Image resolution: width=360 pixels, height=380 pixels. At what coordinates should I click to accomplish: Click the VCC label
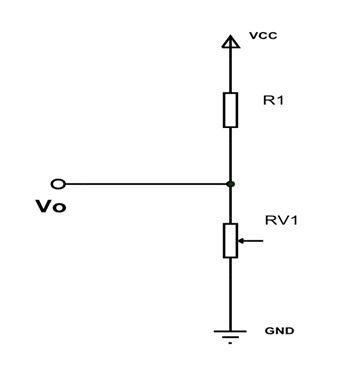point(262,36)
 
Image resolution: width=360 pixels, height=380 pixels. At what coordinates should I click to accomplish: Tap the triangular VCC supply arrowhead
point(230,41)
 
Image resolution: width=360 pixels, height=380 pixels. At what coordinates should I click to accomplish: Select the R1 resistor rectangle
point(230,110)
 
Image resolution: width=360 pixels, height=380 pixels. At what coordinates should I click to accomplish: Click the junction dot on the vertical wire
point(230,184)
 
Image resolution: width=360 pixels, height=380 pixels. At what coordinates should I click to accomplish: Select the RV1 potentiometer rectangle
point(230,240)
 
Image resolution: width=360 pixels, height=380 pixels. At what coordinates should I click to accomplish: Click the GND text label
point(279,329)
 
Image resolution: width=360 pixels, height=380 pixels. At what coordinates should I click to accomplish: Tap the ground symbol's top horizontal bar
point(230,326)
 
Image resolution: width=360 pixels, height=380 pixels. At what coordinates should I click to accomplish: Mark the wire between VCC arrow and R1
point(230,70)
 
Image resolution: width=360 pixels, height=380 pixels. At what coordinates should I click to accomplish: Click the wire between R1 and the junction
point(230,155)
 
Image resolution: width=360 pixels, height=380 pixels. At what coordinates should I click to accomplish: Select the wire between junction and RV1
point(230,205)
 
